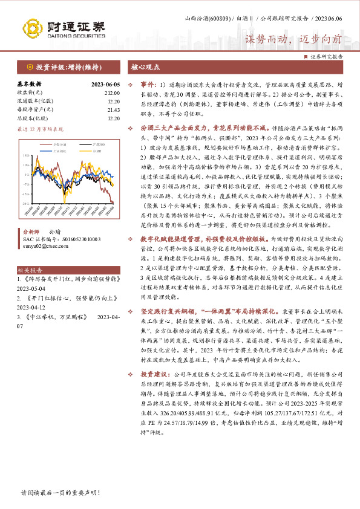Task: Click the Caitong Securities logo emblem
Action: pos(33,27)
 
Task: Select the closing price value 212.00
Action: pos(113,92)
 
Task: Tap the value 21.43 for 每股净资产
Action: pos(114,109)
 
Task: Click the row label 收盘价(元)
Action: pos(29,92)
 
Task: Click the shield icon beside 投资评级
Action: pos(30,67)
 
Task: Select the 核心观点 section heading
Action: pos(145,67)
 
